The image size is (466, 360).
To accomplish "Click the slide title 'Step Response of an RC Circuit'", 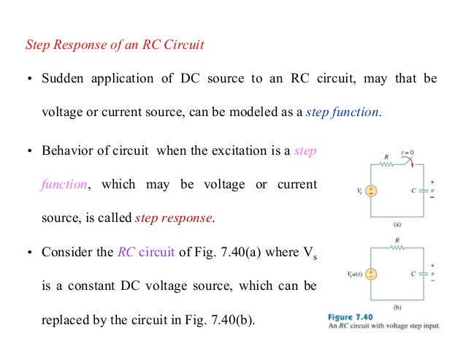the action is [x=114, y=45].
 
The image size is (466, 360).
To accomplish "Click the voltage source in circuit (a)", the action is [x=371, y=191].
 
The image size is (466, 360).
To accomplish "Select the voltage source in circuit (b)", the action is [x=371, y=275].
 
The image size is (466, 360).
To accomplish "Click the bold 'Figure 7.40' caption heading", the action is [x=346, y=317].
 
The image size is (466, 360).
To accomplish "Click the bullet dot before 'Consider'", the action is [x=30, y=253].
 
